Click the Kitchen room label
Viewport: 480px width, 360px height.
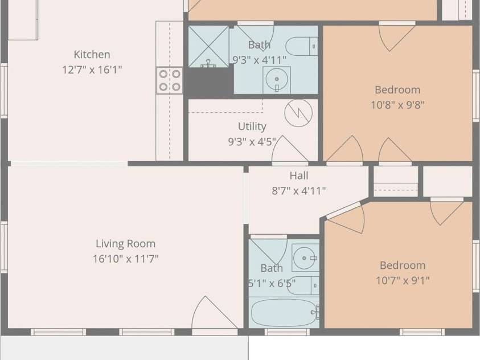coord(92,55)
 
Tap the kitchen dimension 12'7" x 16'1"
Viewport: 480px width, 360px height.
coord(92,70)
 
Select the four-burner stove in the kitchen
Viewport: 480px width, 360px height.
coord(170,80)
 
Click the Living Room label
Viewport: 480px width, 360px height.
coord(125,244)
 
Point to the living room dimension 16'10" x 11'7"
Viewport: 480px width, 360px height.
coord(125,259)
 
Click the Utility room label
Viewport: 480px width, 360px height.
coord(252,126)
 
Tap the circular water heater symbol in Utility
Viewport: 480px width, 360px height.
coord(298,113)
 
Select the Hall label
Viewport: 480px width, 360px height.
coord(299,175)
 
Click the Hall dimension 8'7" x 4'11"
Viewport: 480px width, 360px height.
coord(299,191)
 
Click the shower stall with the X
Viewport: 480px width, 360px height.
coord(208,47)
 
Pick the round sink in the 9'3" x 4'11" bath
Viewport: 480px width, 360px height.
coord(277,79)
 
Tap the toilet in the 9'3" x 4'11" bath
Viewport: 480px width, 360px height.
coord(302,46)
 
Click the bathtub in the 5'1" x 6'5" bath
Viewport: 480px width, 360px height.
coord(284,313)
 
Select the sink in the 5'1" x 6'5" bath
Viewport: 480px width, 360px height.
coord(305,258)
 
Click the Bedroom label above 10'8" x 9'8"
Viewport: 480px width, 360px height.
coord(397,90)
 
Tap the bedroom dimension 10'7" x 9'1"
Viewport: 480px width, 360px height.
coord(403,280)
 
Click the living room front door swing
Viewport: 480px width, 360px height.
coord(214,313)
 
